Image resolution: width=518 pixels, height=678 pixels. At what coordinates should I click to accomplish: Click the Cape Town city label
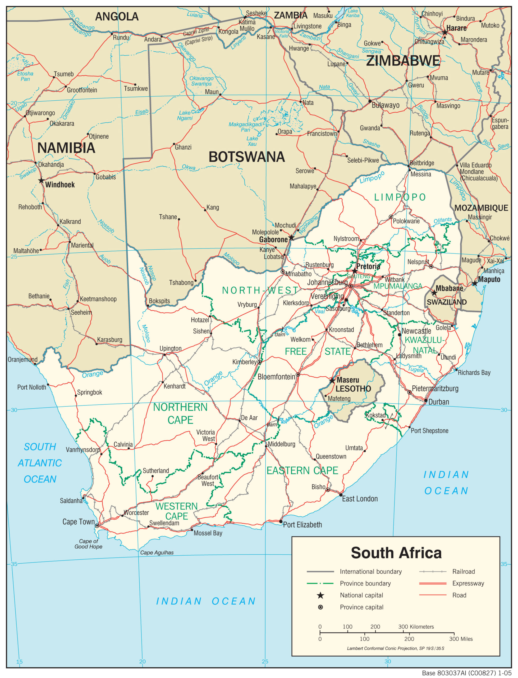[x=78, y=522]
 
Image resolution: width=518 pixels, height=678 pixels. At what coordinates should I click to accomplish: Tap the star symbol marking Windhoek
[x=41, y=180]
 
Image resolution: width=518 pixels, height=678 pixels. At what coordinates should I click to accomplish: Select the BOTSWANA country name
[x=246, y=157]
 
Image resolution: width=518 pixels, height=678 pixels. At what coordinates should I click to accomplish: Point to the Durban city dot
[x=425, y=401]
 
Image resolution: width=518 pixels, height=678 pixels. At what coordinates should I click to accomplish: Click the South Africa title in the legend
[x=396, y=553]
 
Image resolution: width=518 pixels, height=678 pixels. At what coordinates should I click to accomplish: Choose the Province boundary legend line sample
[x=320, y=583]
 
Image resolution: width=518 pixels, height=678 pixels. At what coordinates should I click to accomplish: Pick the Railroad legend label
[x=464, y=572]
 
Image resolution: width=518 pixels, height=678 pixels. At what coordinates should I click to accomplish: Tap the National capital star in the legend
[x=320, y=595]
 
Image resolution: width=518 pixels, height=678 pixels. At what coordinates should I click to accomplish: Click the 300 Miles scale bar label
[x=461, y=639]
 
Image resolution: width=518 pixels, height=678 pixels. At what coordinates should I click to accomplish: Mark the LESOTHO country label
[x=353, y=389]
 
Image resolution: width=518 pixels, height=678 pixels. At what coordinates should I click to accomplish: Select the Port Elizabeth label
[x=302, y=525]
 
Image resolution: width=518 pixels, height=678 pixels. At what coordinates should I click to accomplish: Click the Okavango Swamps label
[x=201, y=81]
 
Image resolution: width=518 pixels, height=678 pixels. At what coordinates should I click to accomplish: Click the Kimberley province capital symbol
[x=260, y=362]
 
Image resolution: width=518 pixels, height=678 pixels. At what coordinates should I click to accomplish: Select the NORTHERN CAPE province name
[x=180, y=414]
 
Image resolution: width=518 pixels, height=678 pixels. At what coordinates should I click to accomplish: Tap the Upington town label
[x=170, y=349]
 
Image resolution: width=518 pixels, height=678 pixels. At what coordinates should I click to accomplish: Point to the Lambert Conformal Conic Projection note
[x=396, y=648]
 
